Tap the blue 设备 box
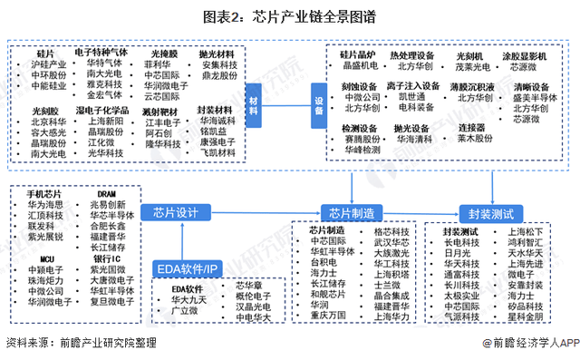point(317,99)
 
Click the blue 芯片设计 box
point(176,212)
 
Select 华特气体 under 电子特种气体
point(103,63)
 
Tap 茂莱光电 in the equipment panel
point(475,66)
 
